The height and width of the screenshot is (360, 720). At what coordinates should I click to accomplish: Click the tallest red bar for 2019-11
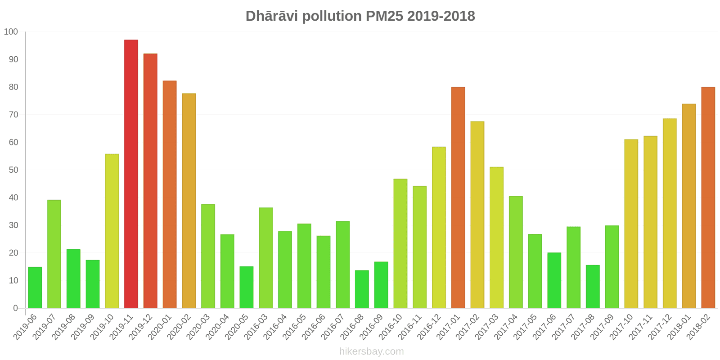[131, 174]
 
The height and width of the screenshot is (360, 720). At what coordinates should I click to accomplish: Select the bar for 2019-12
[150, 181]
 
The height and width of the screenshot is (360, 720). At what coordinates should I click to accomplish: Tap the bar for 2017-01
[458, 198]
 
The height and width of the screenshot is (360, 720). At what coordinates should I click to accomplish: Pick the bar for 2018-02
[708, 198]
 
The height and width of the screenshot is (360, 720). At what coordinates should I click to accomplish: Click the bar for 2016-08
[362, 289]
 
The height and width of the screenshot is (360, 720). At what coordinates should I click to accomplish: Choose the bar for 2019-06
[35, 288]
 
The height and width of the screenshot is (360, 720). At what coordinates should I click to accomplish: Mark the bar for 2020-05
[247, 287]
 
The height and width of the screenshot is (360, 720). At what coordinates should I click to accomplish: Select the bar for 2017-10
[631, 224]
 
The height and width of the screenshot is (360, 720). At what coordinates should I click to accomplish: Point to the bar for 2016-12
[439, 227]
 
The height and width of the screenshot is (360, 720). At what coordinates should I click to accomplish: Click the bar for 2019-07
[54, 254]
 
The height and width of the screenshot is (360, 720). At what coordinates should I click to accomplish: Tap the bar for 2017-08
[593, 287]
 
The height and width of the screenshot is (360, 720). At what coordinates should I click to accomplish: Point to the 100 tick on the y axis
[11, 32]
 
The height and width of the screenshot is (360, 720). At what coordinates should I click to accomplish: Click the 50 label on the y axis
[13, 170]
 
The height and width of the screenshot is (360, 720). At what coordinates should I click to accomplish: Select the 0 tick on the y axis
[15, 308]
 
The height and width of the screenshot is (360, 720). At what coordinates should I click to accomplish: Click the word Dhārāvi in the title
[272, 16]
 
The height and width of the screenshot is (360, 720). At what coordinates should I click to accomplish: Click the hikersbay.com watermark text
[371, 351]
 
